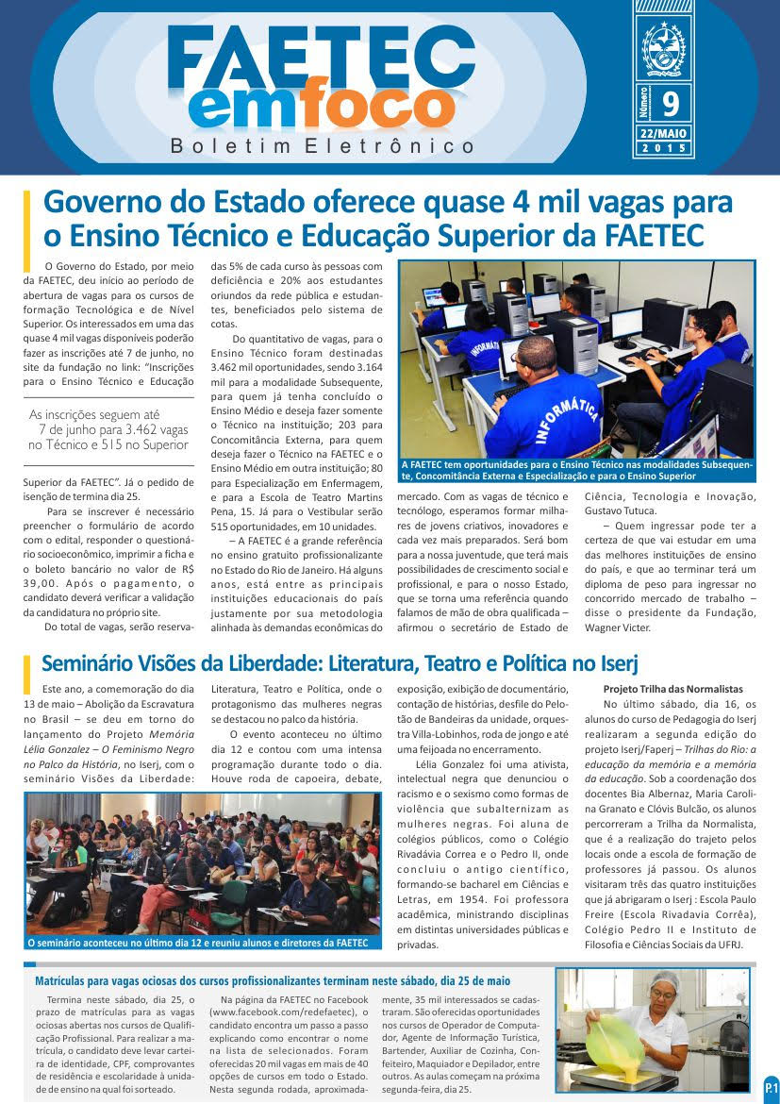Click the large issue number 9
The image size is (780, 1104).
pyautogui.click(x=671, y=101)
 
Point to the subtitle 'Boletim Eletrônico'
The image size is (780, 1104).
pyautogui.click(x=324, y=146)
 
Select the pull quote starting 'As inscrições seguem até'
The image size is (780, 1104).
pyautogui.click(x=108, y=429)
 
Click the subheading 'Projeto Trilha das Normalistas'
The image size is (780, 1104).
pyautogui.click(x=672, y=689)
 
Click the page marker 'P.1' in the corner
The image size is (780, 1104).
pyautogui.click(x=770, y=1087)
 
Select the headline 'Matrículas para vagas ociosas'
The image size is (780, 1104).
pyautogui.click(x=272, y=981)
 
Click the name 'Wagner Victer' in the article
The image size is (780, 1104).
pyautogui.click(x=618, y=627)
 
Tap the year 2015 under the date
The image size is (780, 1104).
pyautogui.click(x=664, y=149)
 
